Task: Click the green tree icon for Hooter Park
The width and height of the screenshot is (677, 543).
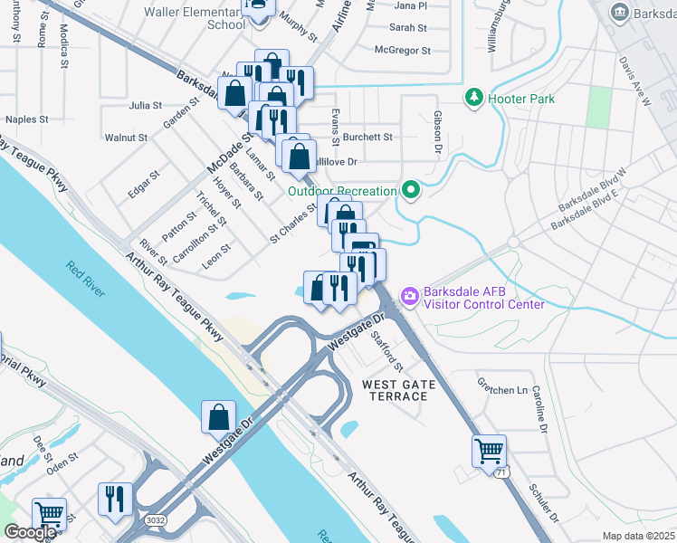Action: coord(473,97)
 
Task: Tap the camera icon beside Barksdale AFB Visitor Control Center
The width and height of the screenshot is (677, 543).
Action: coord(409,296)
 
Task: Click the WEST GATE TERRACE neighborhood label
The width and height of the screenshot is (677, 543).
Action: coord(399,392)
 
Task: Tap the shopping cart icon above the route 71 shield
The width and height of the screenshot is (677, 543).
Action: coord(489,450)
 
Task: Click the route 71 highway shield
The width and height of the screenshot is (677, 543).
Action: coord(501,472)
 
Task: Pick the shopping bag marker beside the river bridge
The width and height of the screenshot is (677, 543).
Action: coord(218,417)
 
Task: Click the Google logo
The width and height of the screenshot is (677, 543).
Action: coord(30,532)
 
